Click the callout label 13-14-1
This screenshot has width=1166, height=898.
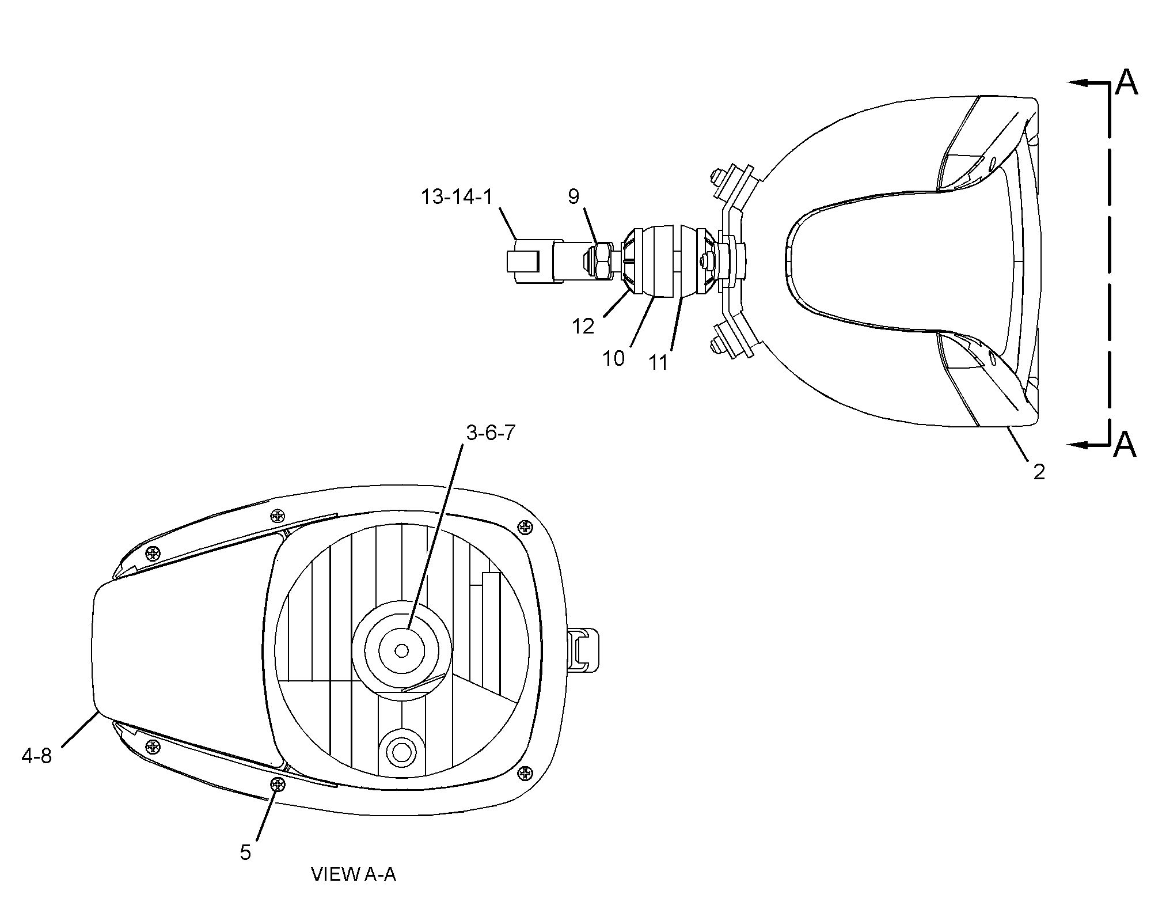click(x=457, y=197)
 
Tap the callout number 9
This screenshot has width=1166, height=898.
click(x=573, y=197)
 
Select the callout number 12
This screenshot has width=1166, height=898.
click(x=583, y=326)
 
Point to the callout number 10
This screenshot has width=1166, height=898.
click(x=614, y=358)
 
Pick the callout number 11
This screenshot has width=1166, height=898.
click(x=658, y=362)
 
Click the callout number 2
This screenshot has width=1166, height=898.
click(x=1039, y=472)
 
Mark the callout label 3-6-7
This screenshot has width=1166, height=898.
click(x=490, y=433)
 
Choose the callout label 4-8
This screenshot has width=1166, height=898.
click(x=37, y=756)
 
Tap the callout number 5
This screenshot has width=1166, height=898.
click(x=246, y=852)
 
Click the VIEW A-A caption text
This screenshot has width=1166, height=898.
click(x=354, y=874)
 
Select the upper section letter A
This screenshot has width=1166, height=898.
click(x=1126, y=82)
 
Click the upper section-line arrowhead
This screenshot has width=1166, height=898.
click(x=1077, y=82)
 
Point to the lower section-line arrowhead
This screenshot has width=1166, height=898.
click(x=1077, y=445)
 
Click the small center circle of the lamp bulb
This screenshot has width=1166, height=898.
click(x=402, y=650)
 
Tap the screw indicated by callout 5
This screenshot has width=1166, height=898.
click(x=279, y=784)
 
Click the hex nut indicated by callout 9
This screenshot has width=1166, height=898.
click(x=603, y=260)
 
